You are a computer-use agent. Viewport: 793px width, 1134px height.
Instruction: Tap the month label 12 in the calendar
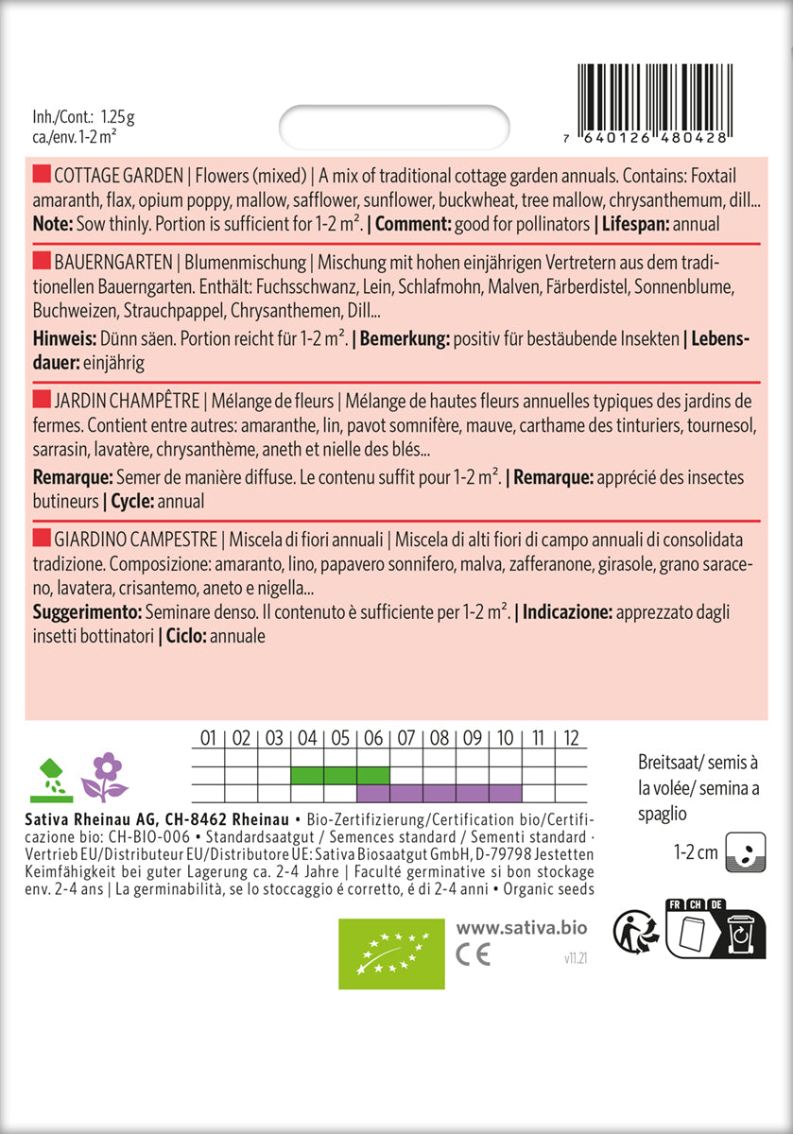point(571,738)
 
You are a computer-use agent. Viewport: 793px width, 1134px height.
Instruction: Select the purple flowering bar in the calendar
point(439,792)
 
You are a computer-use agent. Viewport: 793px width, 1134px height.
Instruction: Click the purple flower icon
point(105,777)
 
